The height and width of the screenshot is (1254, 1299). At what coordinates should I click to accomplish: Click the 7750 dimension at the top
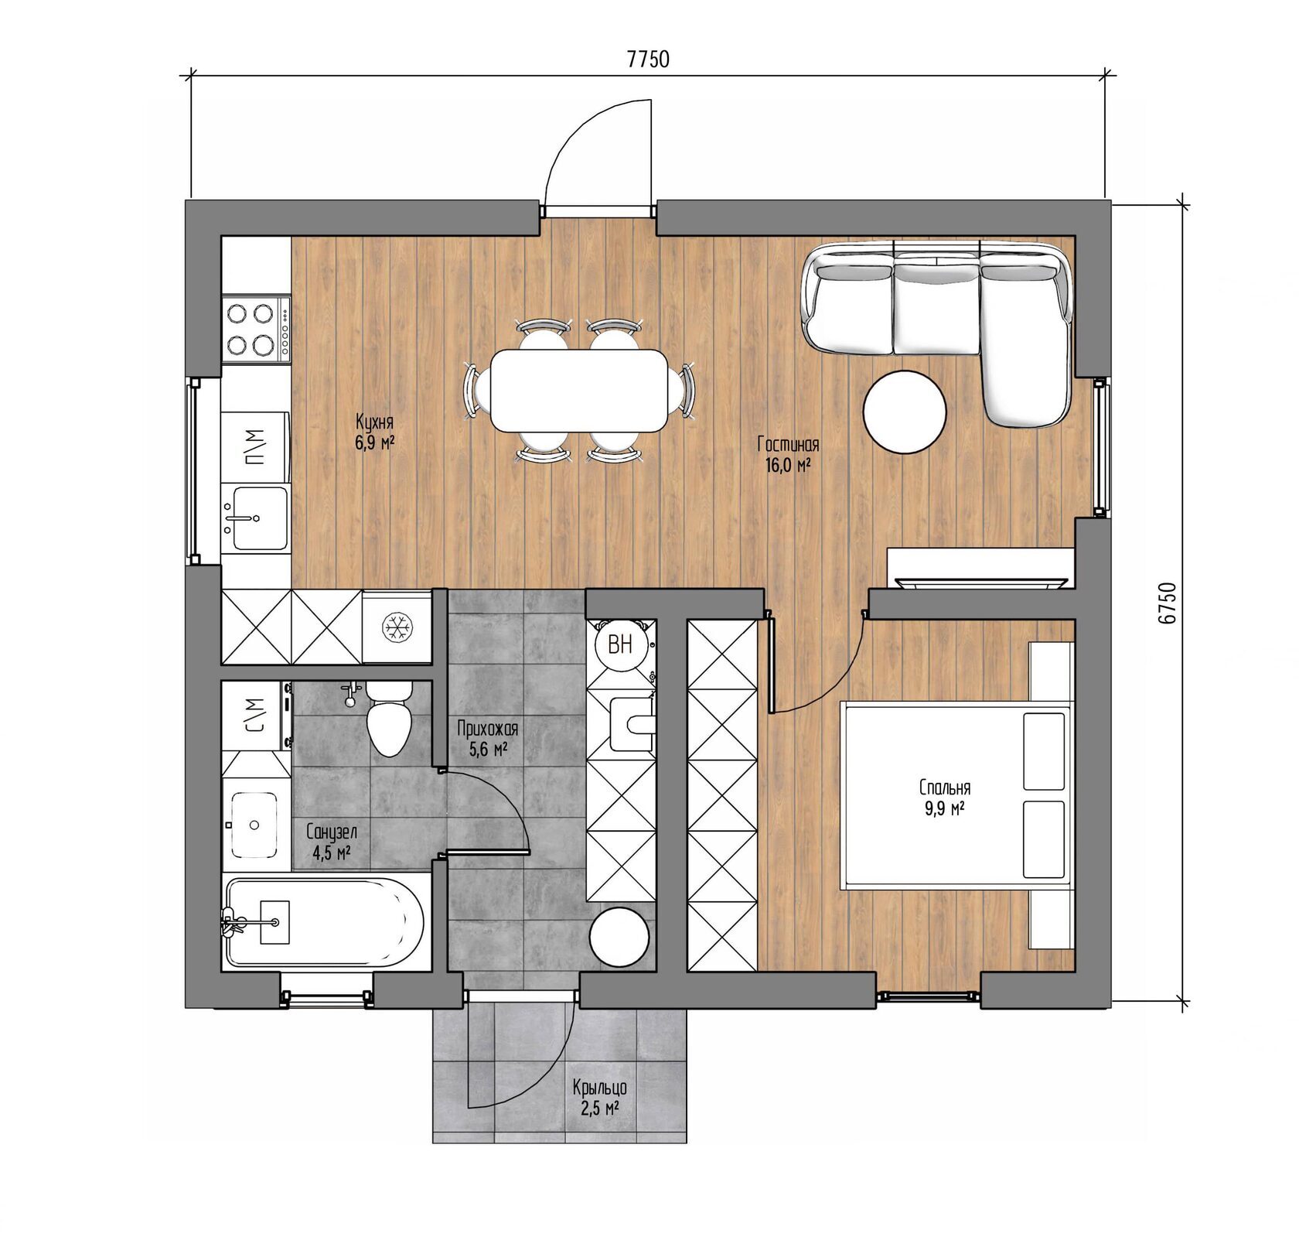(x=648, y=60)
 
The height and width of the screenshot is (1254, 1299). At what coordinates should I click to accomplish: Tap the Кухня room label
(x=375, y=422)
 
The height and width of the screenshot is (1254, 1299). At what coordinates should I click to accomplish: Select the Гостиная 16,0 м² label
(x=788, y=455)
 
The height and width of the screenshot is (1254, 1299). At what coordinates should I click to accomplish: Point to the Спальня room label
(x=945, y=788)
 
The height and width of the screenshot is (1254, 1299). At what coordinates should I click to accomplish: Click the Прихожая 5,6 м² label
(x=487, y=739)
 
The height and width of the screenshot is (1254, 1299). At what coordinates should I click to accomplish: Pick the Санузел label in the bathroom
(x=332, y=832)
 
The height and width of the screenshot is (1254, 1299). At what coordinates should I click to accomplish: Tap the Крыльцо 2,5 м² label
(x=600, y=1098)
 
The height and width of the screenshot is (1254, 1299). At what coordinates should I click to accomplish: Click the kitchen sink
(x=254, y=517)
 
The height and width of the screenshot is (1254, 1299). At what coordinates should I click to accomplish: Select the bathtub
(x=325, y=921)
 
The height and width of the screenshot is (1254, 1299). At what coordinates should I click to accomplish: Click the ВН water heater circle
(x=619, y=644)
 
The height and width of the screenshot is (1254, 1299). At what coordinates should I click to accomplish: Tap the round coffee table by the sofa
(x=905, y=412)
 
